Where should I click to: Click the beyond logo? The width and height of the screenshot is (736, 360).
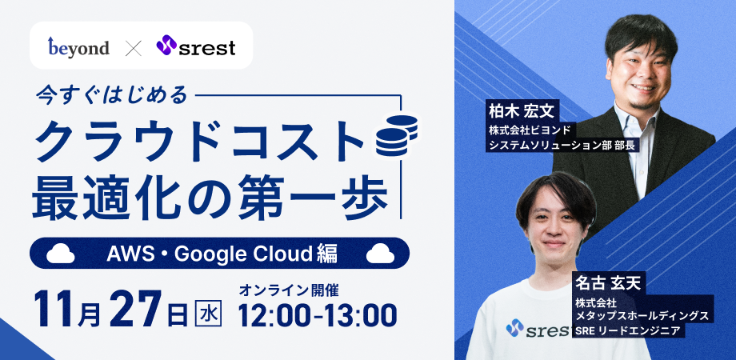click(78, 47)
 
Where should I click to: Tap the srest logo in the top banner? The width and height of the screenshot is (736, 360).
click(196, 47)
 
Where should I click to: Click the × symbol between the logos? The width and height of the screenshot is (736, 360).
click(133, 48)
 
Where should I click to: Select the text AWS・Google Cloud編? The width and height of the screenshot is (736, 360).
click(222, 254)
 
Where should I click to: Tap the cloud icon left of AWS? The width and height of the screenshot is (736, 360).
click(62, 254)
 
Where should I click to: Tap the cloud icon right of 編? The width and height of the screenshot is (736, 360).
click(380, 254)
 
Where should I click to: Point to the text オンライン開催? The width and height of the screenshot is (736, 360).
click(294, 289)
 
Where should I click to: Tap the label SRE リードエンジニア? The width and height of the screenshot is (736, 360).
click(626, 330)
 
